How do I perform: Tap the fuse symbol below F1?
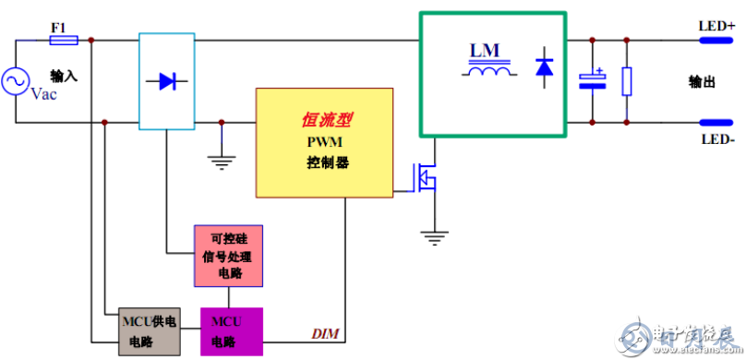[63, 41]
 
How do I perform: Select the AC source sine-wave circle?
[17, 82]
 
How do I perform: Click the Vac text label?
[44, 94]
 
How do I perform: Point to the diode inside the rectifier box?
[165, 81]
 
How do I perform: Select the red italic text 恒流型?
[327, 120]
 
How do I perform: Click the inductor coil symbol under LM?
[488, 71]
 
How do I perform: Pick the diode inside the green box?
[544, 67]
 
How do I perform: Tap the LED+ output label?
[717, 27]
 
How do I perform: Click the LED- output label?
[717, 140]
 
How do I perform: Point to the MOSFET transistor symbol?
[425, 177]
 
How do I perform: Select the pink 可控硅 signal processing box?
[227, 254]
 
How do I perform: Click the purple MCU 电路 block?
[232, 331]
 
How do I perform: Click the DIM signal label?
[324, 333]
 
